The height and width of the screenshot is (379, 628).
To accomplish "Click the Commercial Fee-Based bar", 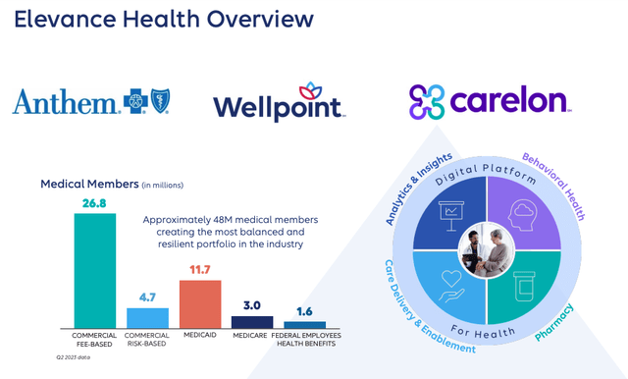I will pos(95,270).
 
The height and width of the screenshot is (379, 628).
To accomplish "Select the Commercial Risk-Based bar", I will pos(147,317).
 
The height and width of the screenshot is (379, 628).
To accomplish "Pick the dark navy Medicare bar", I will pos(252,321).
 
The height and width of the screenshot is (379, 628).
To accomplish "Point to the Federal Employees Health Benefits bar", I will pos(304,324).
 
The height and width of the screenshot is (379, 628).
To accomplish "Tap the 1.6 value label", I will pos(304,311).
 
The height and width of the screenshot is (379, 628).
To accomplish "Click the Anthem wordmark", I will pos(63,101).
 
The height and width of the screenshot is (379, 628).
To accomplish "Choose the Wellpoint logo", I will pos(279,104).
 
